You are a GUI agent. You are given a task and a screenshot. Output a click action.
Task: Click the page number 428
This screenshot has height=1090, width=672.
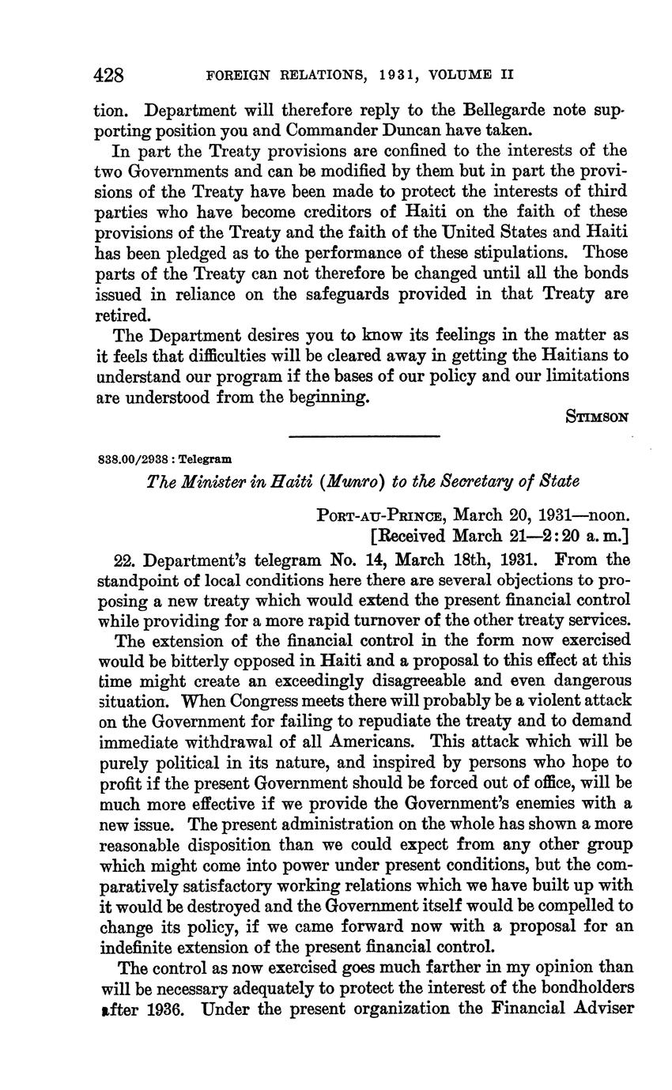click(x=109, y=76)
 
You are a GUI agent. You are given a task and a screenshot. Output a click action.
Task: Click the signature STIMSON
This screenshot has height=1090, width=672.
click(x=598, y=417)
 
